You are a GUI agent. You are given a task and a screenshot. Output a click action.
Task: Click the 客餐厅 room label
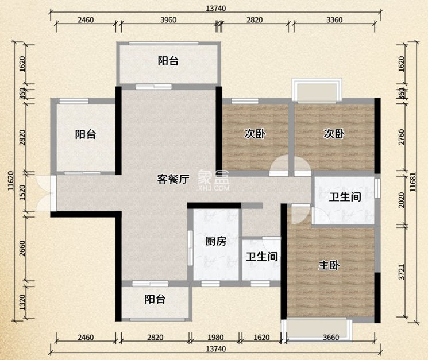173,179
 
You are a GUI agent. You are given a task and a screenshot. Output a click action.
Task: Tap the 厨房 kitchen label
215,241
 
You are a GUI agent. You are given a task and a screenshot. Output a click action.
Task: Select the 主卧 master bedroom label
329,266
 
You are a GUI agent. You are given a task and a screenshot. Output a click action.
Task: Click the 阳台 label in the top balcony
168,61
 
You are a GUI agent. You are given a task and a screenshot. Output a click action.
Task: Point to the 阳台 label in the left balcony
85,134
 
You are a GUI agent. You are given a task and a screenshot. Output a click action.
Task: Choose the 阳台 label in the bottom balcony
155,299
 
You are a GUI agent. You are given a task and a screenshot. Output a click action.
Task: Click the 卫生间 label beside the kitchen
261,257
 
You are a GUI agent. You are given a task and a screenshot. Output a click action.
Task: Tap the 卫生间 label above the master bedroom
345,198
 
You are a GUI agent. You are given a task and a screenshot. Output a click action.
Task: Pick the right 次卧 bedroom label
333,134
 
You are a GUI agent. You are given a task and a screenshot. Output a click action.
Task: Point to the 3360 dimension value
334,20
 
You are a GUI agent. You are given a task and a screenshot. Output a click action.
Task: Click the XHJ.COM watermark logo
214,181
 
